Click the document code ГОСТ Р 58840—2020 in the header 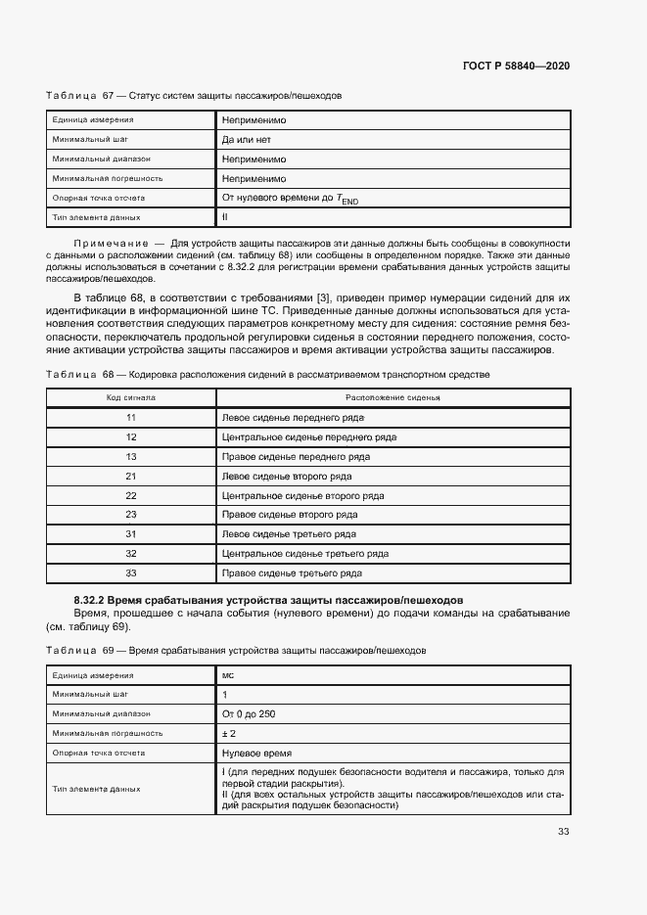tap(516, 66)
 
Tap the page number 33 tap(564, 832)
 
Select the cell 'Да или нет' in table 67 tap(246, 140)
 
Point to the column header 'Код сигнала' tap(130, 398)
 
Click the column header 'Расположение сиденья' tap(393, 398)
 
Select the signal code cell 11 tap(130, 418)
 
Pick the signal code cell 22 tap(130, 495)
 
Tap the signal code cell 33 tap(130, 572)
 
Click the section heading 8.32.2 tap(268, 600)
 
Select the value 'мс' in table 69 tap(228, 675)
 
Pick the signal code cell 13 tap(130, 457)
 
